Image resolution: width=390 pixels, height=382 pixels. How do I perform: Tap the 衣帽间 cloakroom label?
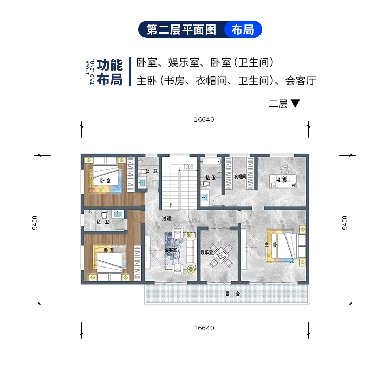(239, 176)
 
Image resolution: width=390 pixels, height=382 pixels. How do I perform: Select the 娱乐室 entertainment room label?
(206, 252)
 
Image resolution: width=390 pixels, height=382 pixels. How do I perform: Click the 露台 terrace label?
(232, 294)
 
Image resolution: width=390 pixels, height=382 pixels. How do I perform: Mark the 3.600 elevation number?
(193, 220)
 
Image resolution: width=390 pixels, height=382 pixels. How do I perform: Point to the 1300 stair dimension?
(188, 167)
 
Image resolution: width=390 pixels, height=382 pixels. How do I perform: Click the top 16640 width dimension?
(204, 119)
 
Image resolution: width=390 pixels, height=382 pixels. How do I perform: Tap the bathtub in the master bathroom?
(212, 163)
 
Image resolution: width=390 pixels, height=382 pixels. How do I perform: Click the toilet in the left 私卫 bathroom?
(105, 214)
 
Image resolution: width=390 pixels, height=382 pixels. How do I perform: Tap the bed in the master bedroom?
(283, 245)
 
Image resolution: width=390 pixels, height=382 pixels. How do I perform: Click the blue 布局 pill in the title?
(243, 30)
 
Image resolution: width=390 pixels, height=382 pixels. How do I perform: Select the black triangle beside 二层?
(295, 104)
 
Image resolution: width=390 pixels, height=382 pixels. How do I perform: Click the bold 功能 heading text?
(110, 66)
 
